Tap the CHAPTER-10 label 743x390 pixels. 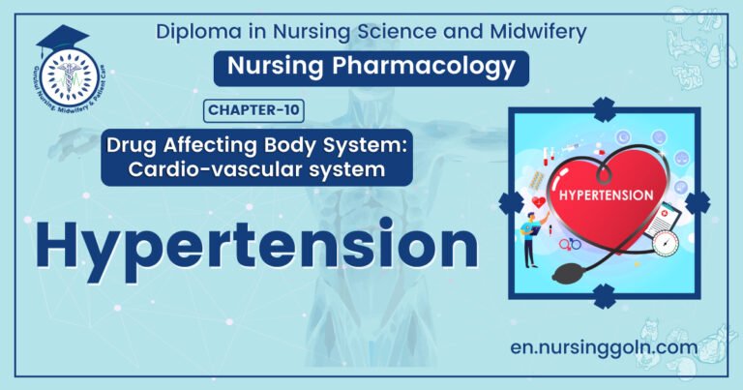253,110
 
